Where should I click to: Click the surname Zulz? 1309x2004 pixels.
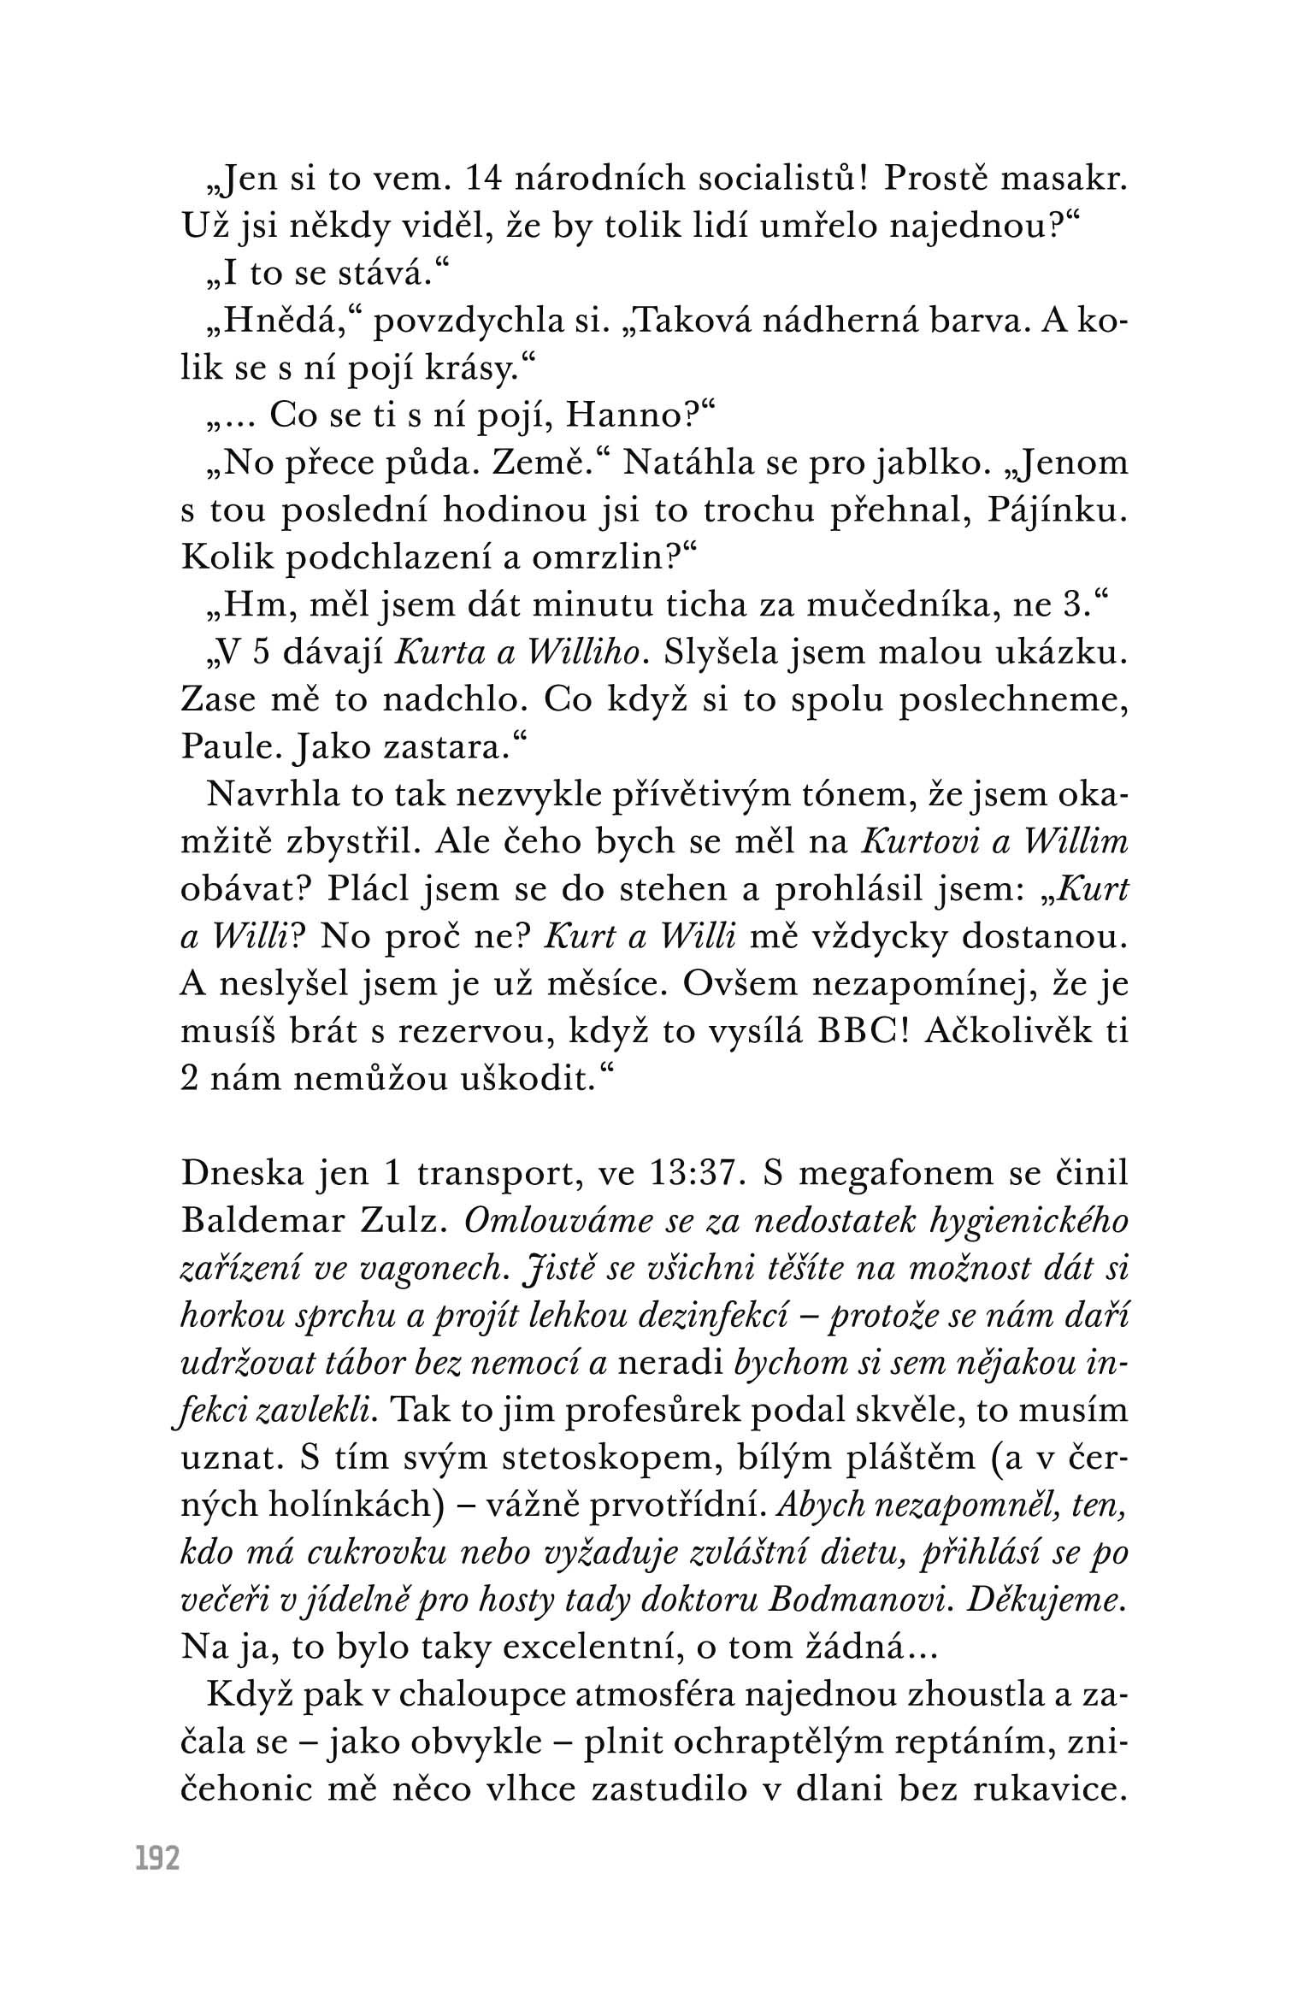[x=403, y=1223]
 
